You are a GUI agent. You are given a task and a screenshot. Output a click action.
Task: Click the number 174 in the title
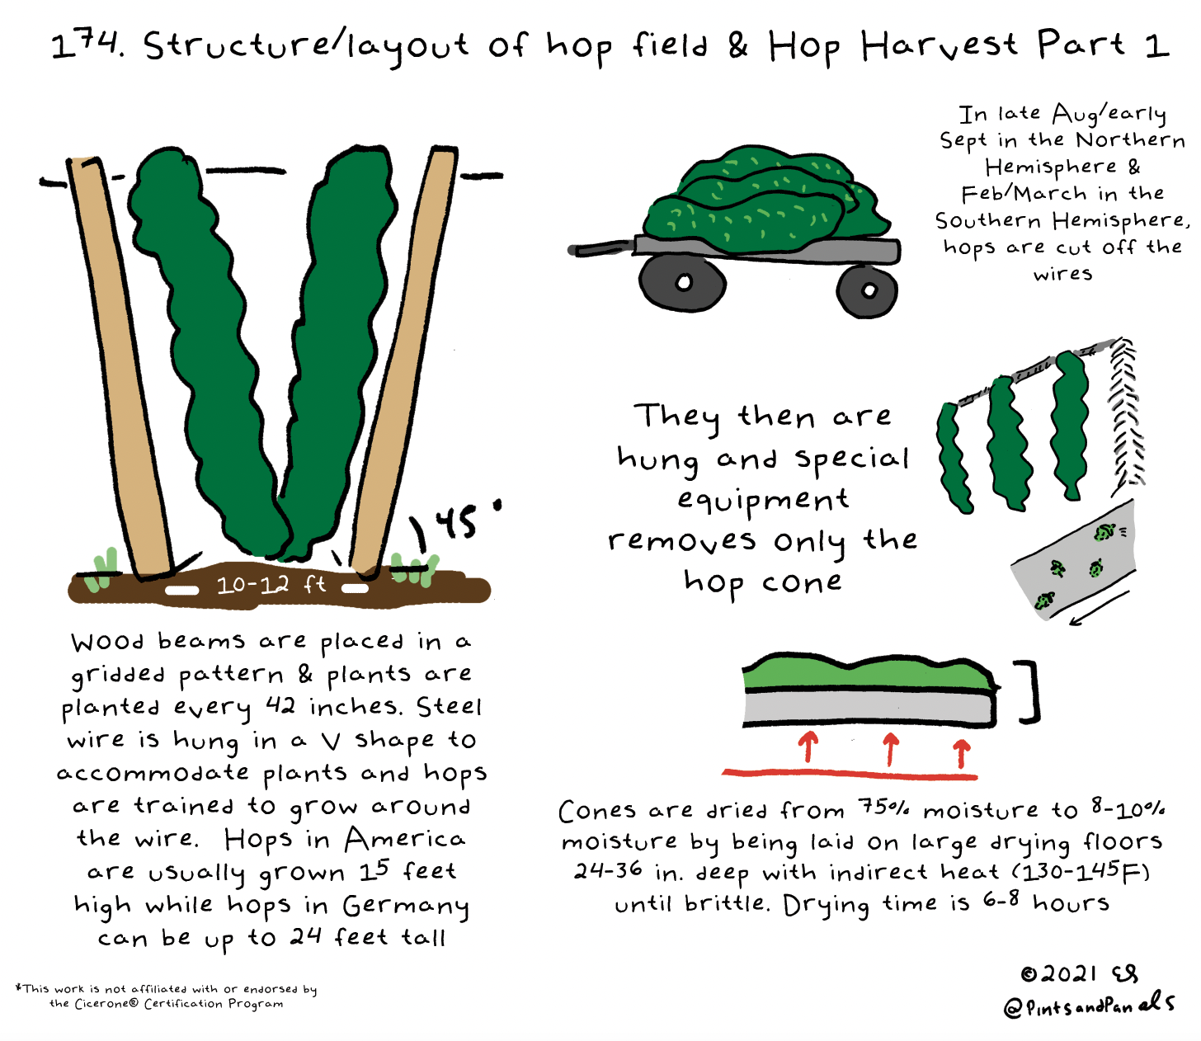(87, 45)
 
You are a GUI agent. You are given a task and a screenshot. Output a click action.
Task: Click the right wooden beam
(404, 361)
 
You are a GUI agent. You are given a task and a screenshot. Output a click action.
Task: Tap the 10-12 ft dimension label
(271, 585)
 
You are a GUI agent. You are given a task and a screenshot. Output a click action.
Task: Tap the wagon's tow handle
(601, 248)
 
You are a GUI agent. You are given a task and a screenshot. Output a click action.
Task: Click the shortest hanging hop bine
(953, 458)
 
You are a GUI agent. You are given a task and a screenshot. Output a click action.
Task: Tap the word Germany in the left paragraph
(406, 907)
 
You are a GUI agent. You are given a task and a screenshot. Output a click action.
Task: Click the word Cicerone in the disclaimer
(106, 1004)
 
